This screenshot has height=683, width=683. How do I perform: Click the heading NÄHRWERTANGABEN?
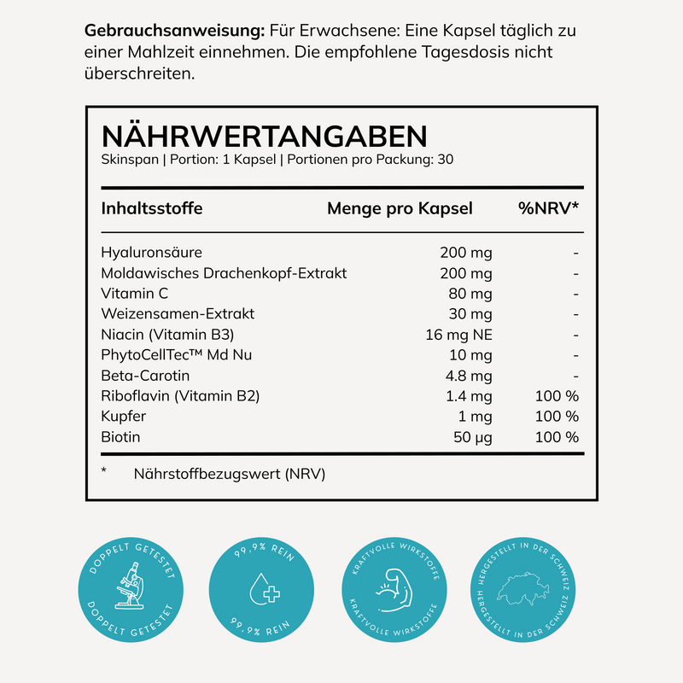click(x=264, y=137)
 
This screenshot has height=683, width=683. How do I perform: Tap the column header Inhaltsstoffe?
click(x=152, y=208)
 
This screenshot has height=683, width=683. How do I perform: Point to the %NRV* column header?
click(x=549, y=208)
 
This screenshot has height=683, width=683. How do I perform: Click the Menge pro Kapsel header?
click(x=400, y=208)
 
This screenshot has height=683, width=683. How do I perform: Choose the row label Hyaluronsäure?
click(x=151, y=253)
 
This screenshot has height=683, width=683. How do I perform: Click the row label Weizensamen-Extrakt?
click(x=178, y=314)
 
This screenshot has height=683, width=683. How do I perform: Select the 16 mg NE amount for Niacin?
click(x=458, y=335)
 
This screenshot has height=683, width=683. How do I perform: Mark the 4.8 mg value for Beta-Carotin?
click(x=469, y=376)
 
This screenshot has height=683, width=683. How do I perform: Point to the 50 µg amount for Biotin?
click(x=471, y=437)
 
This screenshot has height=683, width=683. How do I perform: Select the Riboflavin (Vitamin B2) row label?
click(x=179, y=396)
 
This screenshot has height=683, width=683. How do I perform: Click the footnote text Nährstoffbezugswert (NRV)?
click(x=230, y=473)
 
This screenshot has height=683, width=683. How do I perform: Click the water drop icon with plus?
click(x=262, y=589)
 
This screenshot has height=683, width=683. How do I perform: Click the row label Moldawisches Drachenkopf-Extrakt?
click(x=224, y=273)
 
